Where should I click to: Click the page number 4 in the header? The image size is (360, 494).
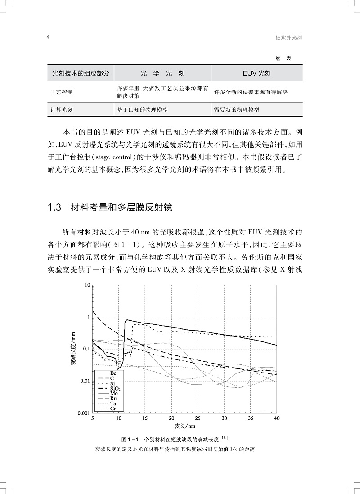click(48, 38)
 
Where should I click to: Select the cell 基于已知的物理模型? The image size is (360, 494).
click(145, 109)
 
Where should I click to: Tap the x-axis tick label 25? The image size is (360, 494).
click(198, 418)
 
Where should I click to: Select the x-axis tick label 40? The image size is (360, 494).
click(277, 418)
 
